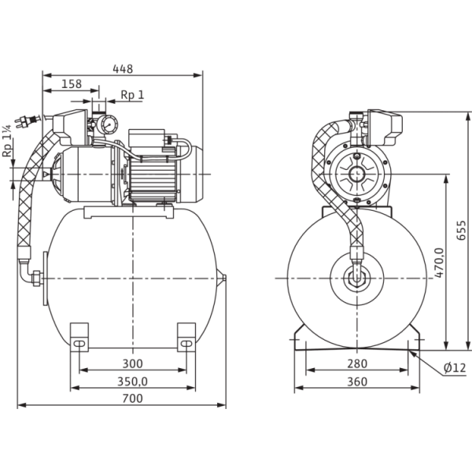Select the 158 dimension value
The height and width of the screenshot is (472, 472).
point(72,83)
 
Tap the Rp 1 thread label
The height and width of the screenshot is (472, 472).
point(131,95)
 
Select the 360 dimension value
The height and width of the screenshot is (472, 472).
point(357,383)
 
